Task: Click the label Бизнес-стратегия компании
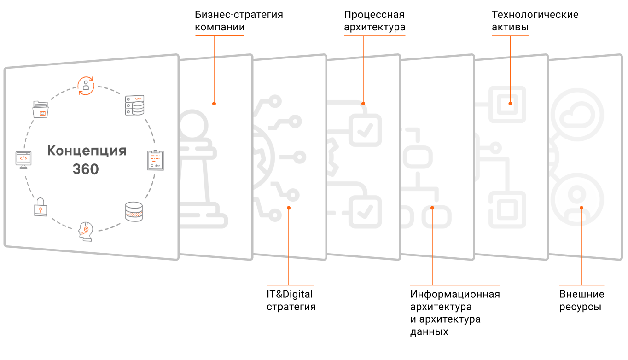(238, 21)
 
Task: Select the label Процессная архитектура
(374, 21)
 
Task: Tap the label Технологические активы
(535, 21)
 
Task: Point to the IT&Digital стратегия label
(291, 300)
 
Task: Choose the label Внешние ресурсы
(581, 300)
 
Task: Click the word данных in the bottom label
(429, 331)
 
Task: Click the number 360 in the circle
(86, 169)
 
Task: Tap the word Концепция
(87, 151)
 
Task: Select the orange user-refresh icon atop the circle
(86, 86)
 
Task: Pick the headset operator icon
(86, 232)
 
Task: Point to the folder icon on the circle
(41, 110)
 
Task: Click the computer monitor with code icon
(23, 159)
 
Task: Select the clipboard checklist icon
(156, 160)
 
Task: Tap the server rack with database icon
(134, 105)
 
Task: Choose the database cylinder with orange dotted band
(134, 212)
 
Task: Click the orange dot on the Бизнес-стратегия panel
(214, 104)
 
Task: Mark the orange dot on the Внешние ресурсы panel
(581, 208)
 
